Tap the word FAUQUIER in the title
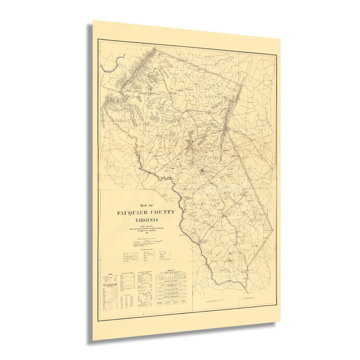pos(131,213)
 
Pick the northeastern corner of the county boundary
pos(244,84)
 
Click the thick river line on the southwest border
pos(181,213)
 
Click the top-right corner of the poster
pos(280,39)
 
